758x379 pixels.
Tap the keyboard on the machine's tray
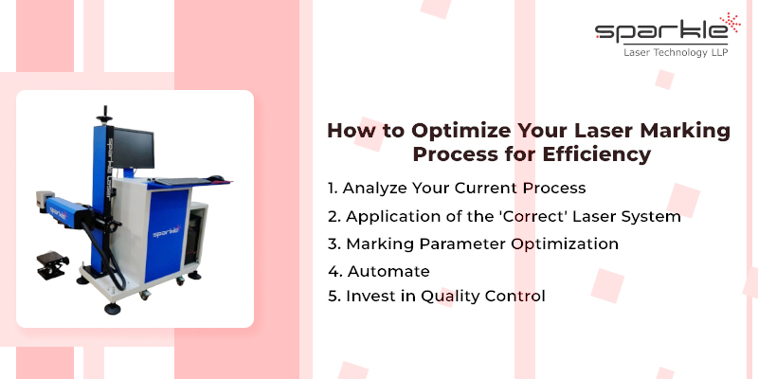point(181,179)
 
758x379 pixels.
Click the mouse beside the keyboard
point(217,177)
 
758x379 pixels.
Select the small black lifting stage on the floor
point(50,265)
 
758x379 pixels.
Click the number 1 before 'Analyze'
point(331,188)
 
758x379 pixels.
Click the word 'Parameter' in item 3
point(455,244)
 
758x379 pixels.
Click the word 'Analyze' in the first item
point(376,188)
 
